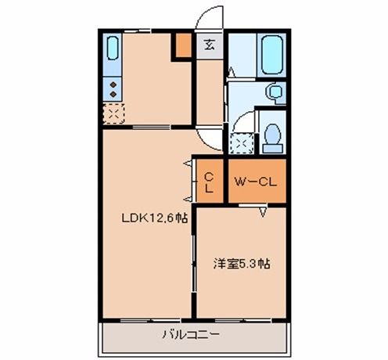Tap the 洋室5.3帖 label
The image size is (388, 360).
(x=242, y=264)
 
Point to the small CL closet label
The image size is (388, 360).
(x=210, y=182)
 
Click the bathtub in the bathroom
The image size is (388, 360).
(x=274, y=54)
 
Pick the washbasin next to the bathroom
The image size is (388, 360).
(x=275, y=93)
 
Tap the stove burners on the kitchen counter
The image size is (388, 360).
(x=112, y=88)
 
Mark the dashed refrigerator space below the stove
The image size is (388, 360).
(x=112, y=114)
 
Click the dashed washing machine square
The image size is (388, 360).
(x=240, y=143)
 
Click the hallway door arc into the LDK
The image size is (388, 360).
(x=207, y=139)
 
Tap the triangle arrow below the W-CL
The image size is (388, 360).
(x=264, y=211)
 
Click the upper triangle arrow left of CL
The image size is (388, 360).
(x=188, y=164)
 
